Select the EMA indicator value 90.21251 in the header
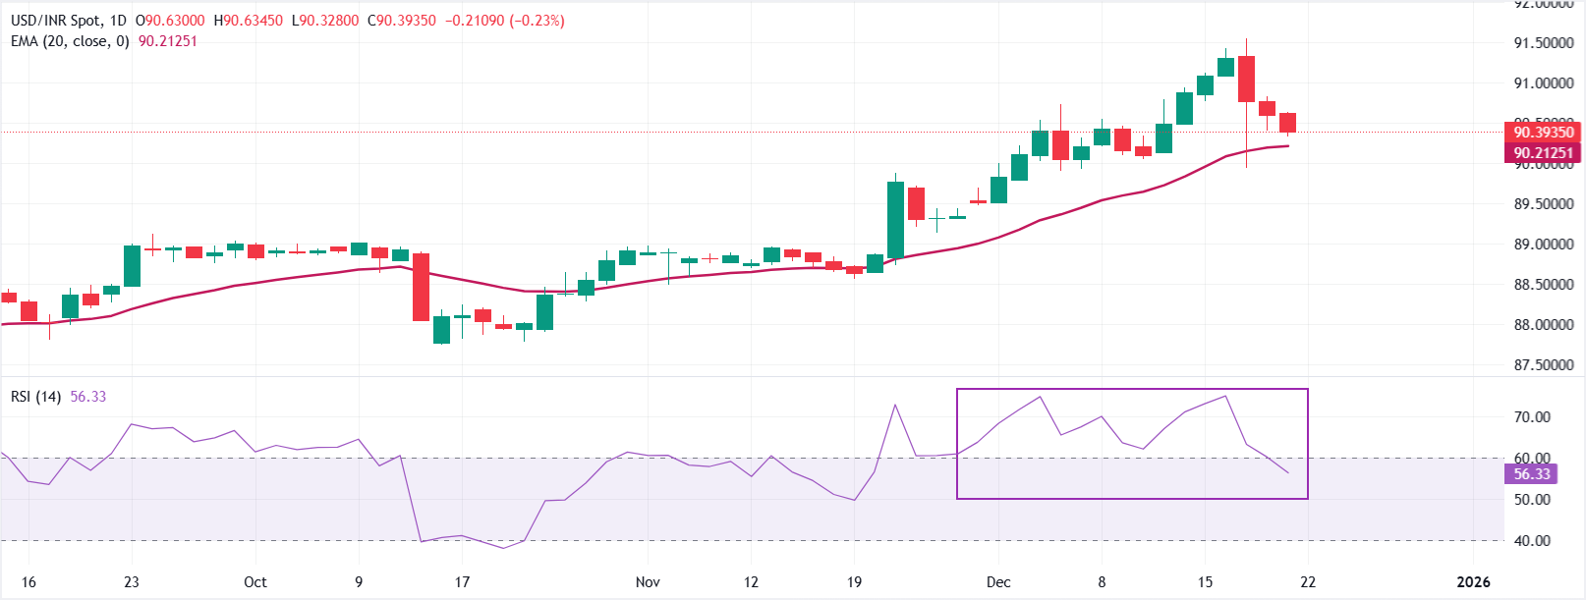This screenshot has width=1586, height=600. tap(167, 41)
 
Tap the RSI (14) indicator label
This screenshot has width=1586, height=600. tap(36, 397)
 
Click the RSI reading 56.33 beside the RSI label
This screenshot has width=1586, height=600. tap(88, 397)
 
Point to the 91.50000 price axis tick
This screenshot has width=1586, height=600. tap(1543, 43)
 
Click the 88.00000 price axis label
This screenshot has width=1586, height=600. tap(1543, 325)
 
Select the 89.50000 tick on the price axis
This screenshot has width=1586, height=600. tap(1543, 204)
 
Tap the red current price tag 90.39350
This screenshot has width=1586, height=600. tap(1543, 132)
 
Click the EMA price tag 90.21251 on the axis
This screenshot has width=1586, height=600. tap(1543, 153)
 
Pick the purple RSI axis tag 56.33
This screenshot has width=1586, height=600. tap(1531, 474)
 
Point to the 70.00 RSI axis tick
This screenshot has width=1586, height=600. tap(1532, 417)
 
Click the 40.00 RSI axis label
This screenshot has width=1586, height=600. tap(1532, 541)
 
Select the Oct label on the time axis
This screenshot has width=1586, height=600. tap(255, 582)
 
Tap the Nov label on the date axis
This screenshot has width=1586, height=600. tap(648, 582)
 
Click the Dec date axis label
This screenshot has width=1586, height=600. tap(998, 582)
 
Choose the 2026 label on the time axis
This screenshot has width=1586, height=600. tap(1473, 582)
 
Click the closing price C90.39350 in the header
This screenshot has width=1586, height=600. tap(402, 21)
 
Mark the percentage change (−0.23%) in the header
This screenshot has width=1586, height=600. tap(537, 21)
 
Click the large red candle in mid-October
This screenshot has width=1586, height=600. tap(422, 287)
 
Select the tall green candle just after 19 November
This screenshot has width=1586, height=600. tap(895, 220)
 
